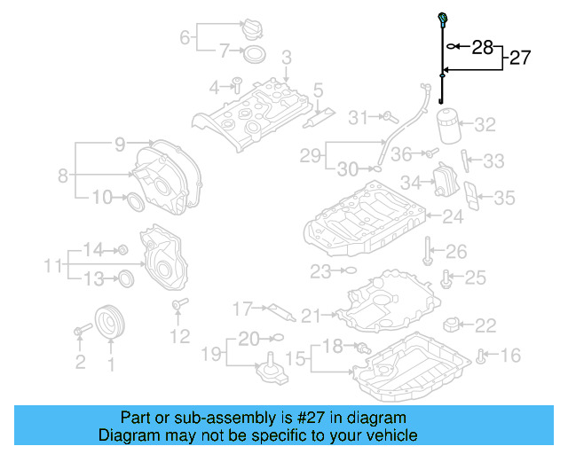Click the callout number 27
519,59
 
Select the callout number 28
483,46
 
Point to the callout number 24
453,215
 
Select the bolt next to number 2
81,331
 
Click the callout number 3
286,58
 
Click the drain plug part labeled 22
455,325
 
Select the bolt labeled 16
480,356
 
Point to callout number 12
179,336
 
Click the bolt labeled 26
428,250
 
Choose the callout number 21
309,315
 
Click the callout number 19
209,356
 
